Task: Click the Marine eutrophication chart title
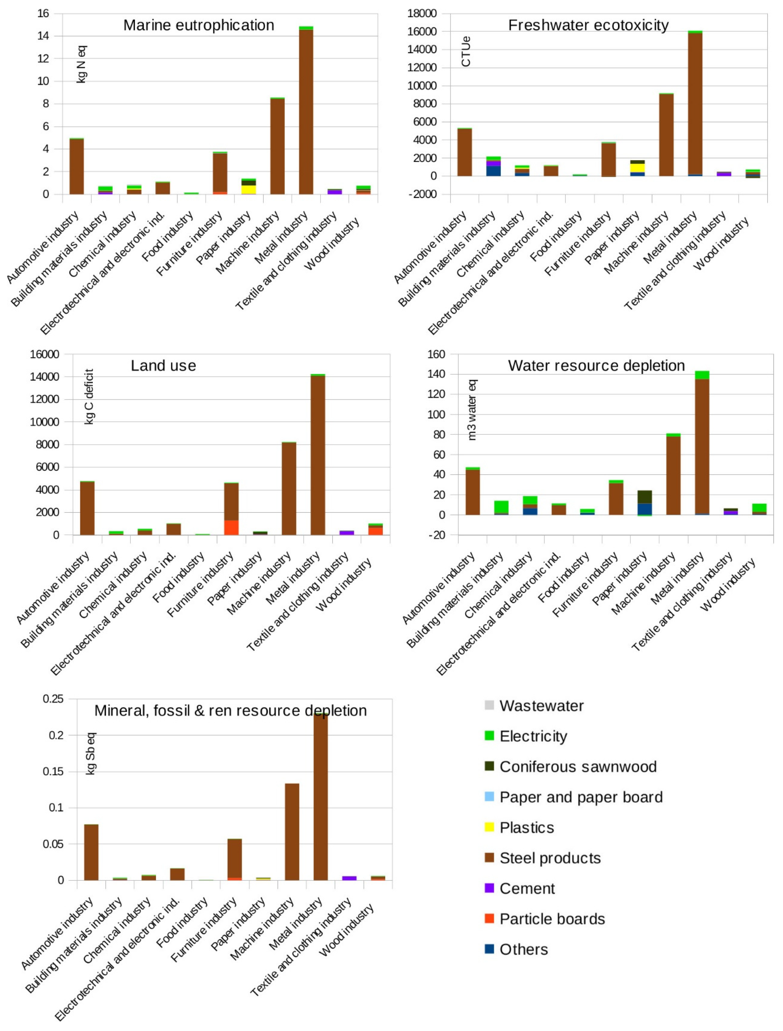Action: tap(199, 25)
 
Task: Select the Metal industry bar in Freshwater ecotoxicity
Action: tap(695, 103)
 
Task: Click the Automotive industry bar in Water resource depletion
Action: tap(473, 492)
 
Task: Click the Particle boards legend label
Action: tap(552, 919)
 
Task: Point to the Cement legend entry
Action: tap(527, 888)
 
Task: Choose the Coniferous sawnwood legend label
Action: tap(578, 767)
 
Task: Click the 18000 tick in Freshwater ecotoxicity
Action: tap(422, 14)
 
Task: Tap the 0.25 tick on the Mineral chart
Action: tap(53, 699)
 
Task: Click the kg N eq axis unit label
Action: tap(82, 64)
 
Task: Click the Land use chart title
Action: tap(163, 366)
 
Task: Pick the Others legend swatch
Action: tap(489, 949)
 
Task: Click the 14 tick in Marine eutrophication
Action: tap(43, 36)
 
